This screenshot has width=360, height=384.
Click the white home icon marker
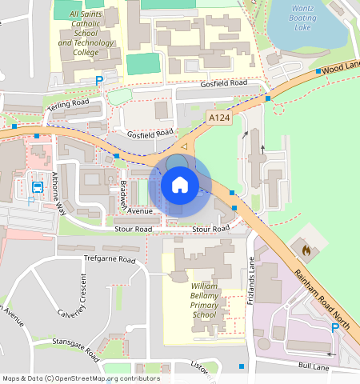[180, 185]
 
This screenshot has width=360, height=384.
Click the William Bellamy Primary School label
[204, 300]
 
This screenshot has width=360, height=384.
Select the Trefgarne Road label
[110, 259]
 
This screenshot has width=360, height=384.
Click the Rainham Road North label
[322, 298]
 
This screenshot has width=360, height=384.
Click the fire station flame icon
[305, 250]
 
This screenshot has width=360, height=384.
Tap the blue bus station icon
[37, 187]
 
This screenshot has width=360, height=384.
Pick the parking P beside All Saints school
[99, 80]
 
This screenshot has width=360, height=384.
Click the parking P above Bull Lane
[335, 327]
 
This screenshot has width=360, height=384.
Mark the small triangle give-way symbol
[184, 147]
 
